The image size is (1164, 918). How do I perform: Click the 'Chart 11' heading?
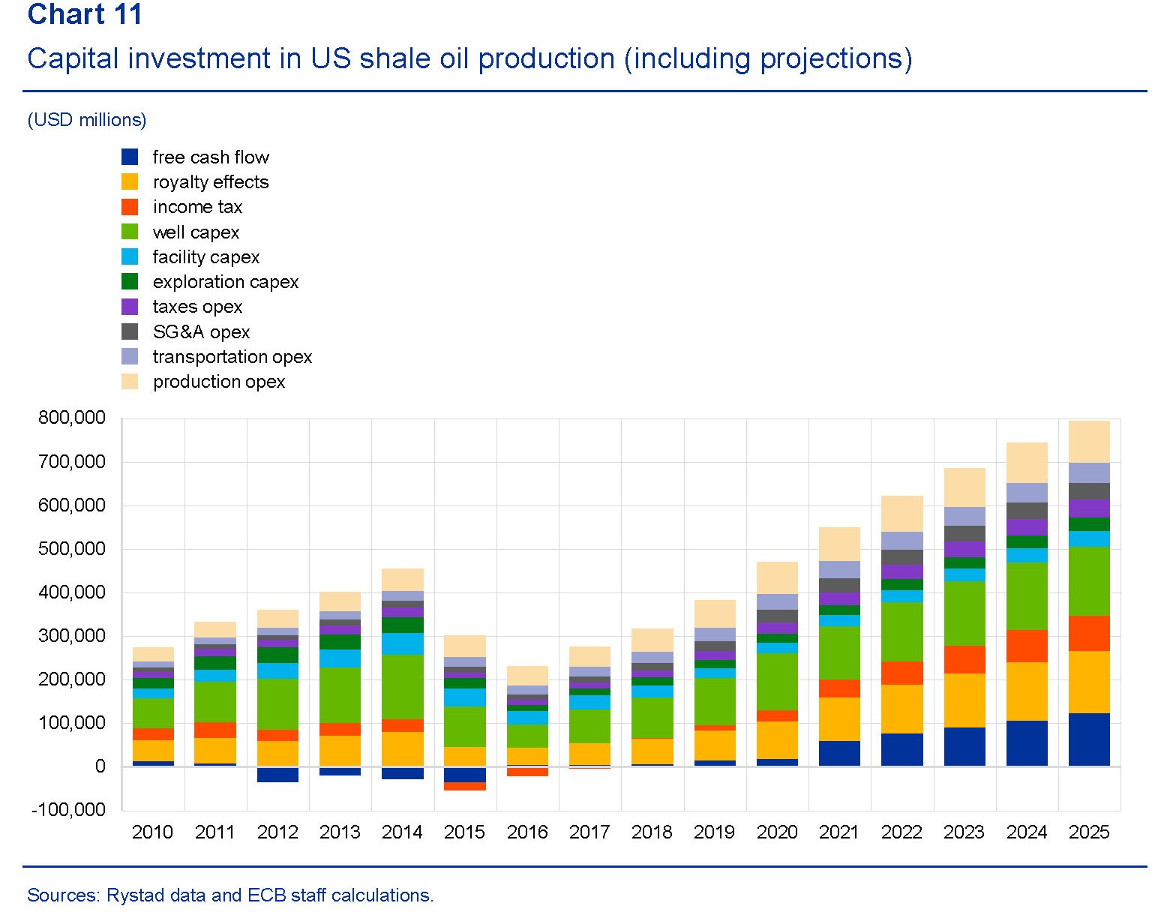coord(84,15)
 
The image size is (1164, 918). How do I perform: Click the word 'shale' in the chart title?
coord(392,58)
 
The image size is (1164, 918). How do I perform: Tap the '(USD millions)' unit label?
coord(87,120)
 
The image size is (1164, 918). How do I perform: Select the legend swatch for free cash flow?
coord(130,157)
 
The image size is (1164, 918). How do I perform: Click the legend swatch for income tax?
coord(130,207)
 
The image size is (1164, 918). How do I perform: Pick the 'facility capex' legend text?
coord(205,257)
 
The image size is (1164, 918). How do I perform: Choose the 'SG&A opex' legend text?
coord(201,332)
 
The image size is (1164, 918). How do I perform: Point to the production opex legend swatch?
coord(130,382)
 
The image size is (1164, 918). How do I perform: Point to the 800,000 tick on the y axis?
coord(72,418)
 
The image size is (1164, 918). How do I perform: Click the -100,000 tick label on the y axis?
coord(68,810)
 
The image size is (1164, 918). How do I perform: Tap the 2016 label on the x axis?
coord(526,832)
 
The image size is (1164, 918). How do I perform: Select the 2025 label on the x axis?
coord(1088,832)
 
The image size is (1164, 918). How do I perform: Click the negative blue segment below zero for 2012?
coord(277,775)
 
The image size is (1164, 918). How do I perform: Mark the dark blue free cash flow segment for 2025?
coord(1089,739)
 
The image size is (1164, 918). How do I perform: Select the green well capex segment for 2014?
coord(403,686)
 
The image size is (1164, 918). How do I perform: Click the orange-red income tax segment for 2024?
coord(1027,646)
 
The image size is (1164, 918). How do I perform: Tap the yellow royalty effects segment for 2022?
coord(901,709)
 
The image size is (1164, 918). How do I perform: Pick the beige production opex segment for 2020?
coord(777,577)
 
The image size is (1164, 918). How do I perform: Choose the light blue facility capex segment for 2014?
coord(403,643)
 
